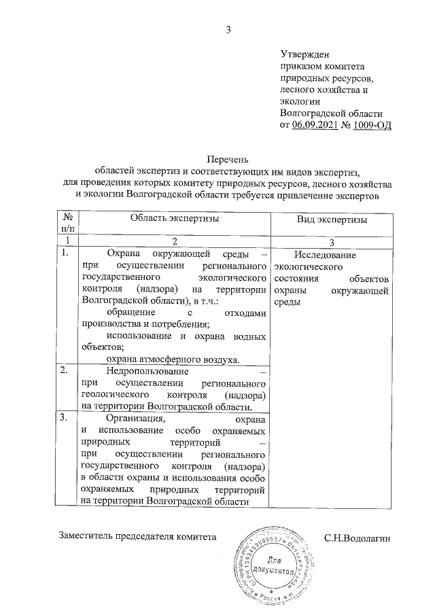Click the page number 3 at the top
(x=228, y=29)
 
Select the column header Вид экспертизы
(x=332, y=220)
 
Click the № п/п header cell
(x=67, y=224)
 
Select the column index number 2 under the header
(x=174, y=241)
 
